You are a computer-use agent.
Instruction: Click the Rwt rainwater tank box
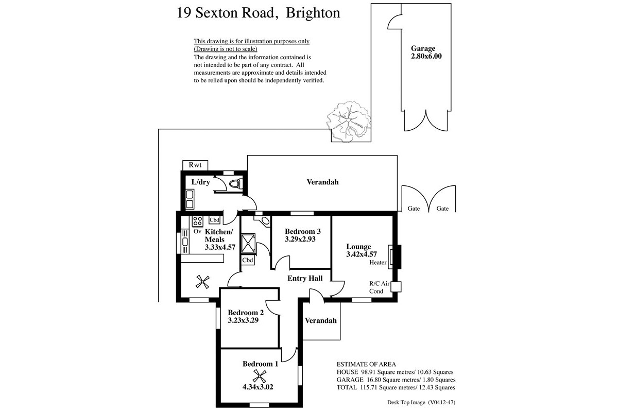(x=195, y=165)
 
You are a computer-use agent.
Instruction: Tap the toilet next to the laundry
(x=236, y=183)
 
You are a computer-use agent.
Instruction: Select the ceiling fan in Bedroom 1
(x=260, y=376)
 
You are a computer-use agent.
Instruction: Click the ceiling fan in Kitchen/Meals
(x=202, y=282)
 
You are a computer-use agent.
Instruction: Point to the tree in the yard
(x=348, y=122)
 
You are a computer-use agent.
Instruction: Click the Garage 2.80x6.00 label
(x=426, y=52)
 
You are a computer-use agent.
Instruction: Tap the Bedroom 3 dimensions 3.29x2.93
(x=300, y=239)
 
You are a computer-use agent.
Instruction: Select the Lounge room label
(x=358, y=246)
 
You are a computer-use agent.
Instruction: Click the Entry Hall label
(x=305, y=278)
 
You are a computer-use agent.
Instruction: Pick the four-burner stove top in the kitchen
(x=198, y=221)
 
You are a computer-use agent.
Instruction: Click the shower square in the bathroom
(x=248, y=243)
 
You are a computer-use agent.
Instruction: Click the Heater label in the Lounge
(x=377, y=263)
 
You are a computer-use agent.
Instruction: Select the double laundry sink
(x=190, y=199)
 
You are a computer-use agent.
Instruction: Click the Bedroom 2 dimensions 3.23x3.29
(x=243, y=320)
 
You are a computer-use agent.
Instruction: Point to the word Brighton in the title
(x=313, y=13)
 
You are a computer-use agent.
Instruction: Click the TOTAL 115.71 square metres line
(x=396, y=387)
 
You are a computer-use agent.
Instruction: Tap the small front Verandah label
(x=320, y=320)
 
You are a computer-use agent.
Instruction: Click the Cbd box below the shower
(x=248, y=260)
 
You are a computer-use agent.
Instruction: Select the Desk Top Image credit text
(x=421, y=402)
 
